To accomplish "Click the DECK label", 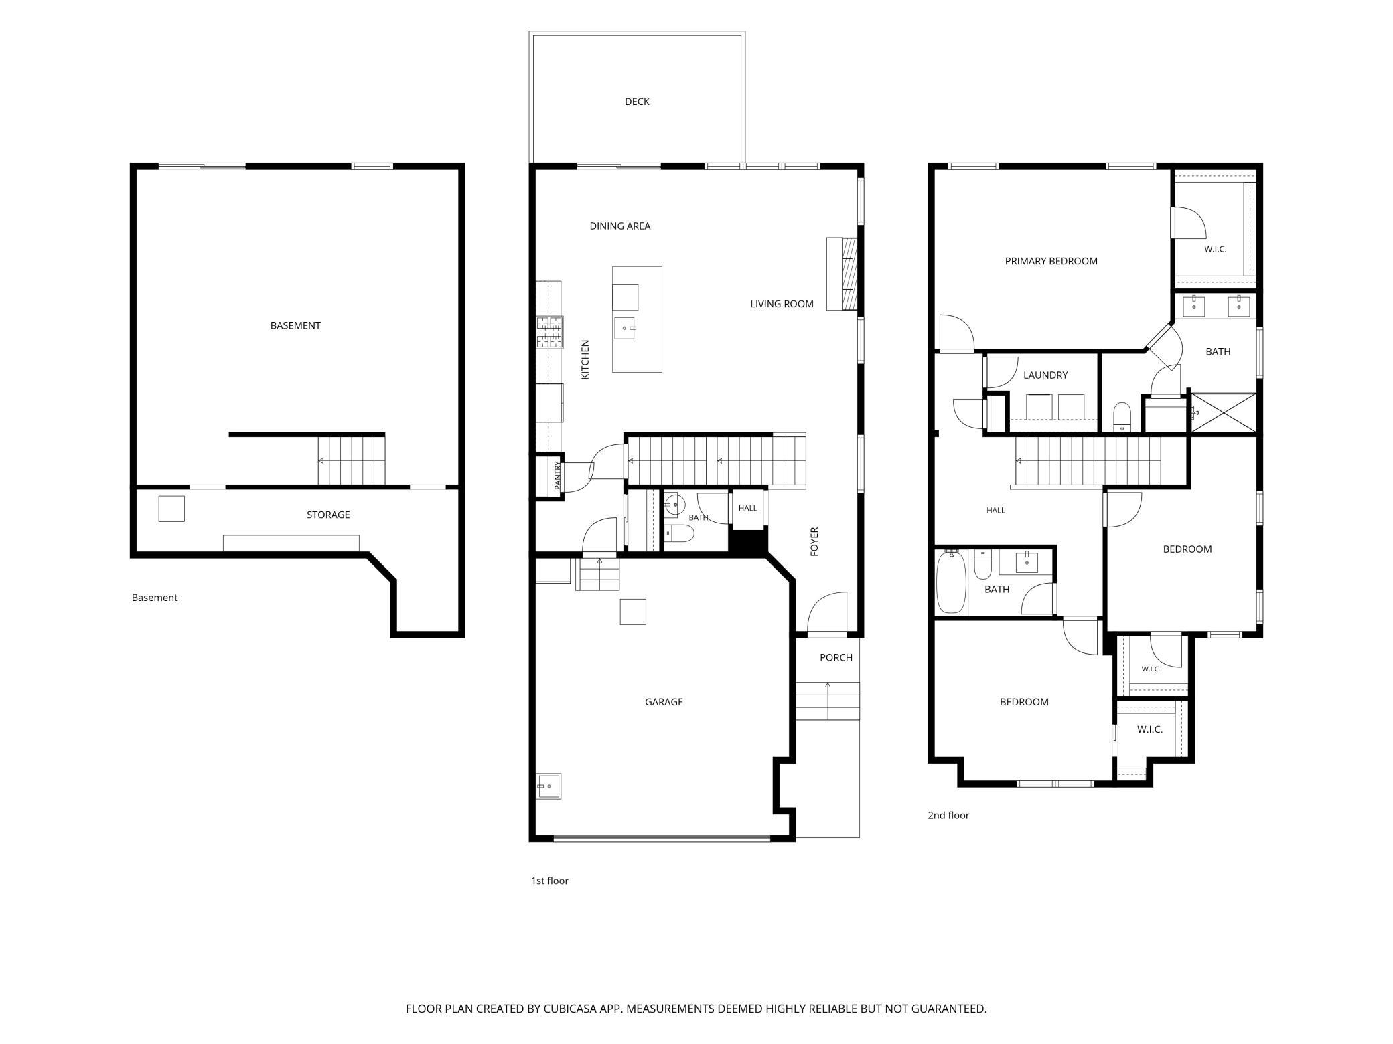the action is pyautogui.click(x=637, y=102).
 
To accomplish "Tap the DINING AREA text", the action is pyautogui.click(x=619, y=226).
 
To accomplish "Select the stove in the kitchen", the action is pyautogui.click(x=549, y=333).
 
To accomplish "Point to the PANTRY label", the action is pyautogui.click(x=557, y=476).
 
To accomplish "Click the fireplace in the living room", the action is pyautogui.click(x=842, y=274).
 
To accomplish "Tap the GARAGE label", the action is pyautogui.click(x=664, y=702).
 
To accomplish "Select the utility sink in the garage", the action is pyautogui.click(x=548, y=786).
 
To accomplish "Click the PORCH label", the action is pyautogui.click(x=836, y=658).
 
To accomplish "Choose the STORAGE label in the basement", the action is pyautogui.click(x=328, y=515).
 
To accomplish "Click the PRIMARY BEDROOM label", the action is pyautogui.click(x=1051, y=261).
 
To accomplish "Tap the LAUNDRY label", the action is pyautogui.click(x=1045, y=375).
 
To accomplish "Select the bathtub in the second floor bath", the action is pyautogui.click(x=951, y=582).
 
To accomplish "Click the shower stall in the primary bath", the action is pyautogui.click(x=1223, y=412).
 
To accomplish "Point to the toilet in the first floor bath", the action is pyautogui.click(x=680, y=533).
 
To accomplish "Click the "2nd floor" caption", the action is pyautogui.click(x=948, y=815).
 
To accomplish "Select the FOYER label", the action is pyautogui.click(x=814, y=541).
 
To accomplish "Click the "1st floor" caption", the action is pyautogui.click(x=550, y=881).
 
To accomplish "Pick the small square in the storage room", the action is pyautogui.click(x=171, y=509).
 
